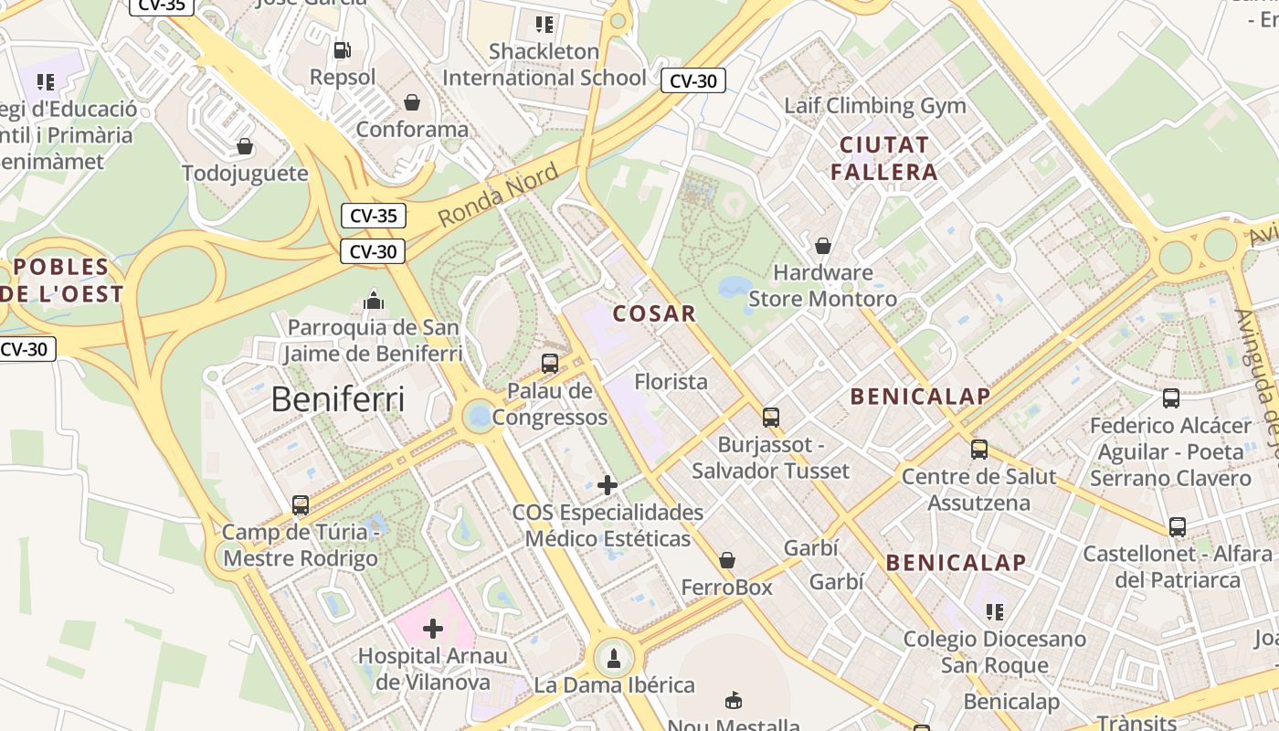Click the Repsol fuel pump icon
pyautogui.click(x=343, y=49)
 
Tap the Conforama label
pyautogui.click(x=412, y=129)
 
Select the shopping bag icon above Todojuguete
pyautogui.click(x=245, y=146)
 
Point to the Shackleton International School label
pyautogui.click(x=544, y=64)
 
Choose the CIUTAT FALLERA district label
pyautogui.click(x=884, y=158)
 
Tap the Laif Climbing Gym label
pyautogui.click(x=874, y=105)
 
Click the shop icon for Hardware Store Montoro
pyautogui.click(x=823, y=246)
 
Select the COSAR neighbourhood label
pyautogui.click(x=654, y=313)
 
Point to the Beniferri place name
pyautogui.click(x=338, y=399)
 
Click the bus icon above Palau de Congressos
pyautogui.click(x=550, y=363)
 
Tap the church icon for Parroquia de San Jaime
pyautogui.click(x=373, y=300)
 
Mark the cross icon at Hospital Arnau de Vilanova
pyautogui.click(x=433, y=629)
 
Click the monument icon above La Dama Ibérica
pyautogui.click(x=614, y=657)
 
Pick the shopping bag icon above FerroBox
pyautogui.click(x=727, y=560)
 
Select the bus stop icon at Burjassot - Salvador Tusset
pyautogui.click(x=771, y=418)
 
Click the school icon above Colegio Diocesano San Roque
pyautogui.click(x=995, y=611)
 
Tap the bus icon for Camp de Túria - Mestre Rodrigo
pyautogui.click(x=301, y=504)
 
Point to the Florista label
pyautogui.click(x=671, y=381)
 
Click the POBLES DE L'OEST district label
pyautogui.click(x=61, y=281)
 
